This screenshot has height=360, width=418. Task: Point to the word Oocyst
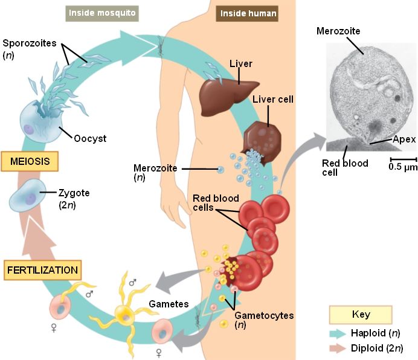tap(91, 138)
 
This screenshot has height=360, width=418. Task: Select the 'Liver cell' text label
tap(272, 99)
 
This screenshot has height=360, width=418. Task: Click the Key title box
tap(361, 315)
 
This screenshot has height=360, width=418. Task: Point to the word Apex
tap(404, 139)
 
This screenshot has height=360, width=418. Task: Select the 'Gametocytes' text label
tap(264, 315)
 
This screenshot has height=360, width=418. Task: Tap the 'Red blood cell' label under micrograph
tap(344, 168)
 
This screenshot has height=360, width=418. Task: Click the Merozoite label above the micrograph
tap(338, 31)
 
